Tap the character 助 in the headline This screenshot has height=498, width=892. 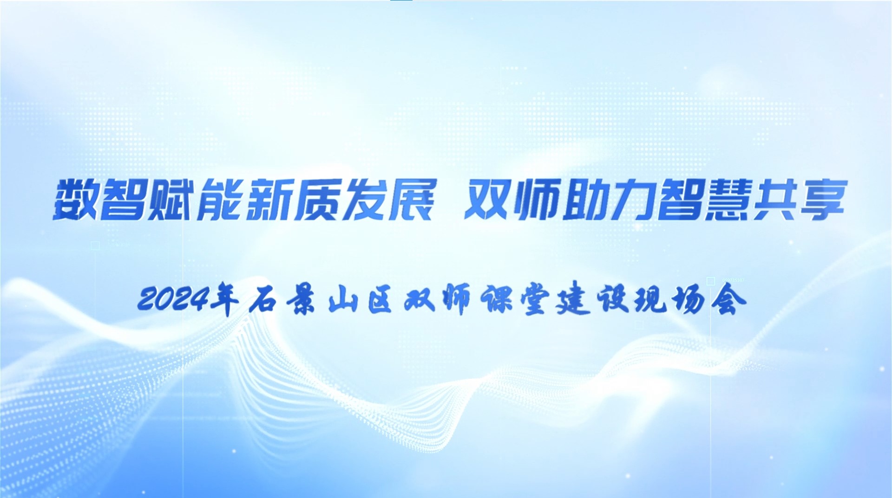tap(584, 200)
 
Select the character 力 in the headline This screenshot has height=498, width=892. tap(632, 200)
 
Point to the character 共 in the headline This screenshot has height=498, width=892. tap(775, 200)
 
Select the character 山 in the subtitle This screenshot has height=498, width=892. tap(343, 301)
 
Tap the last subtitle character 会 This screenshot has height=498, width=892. tap(731, 301)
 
